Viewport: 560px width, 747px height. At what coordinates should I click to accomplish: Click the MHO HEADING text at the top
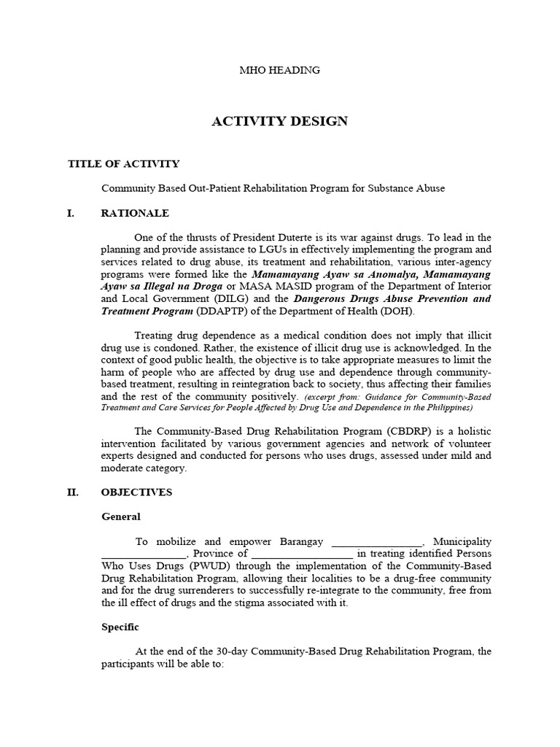click(280, 71)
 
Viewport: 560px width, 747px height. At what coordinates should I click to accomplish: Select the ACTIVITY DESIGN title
click(279, 121)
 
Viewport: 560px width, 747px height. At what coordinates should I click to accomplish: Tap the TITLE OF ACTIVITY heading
click(123, 164)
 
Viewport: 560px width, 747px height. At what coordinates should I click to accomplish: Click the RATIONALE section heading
click(135, 213)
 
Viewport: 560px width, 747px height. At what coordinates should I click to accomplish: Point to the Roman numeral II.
click(73, 492)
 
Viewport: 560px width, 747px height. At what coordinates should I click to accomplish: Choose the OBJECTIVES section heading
click(136, 492)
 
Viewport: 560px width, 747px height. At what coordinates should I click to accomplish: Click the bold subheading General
click(120, 516)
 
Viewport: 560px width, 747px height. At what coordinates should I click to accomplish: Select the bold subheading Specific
click(120, 627)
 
